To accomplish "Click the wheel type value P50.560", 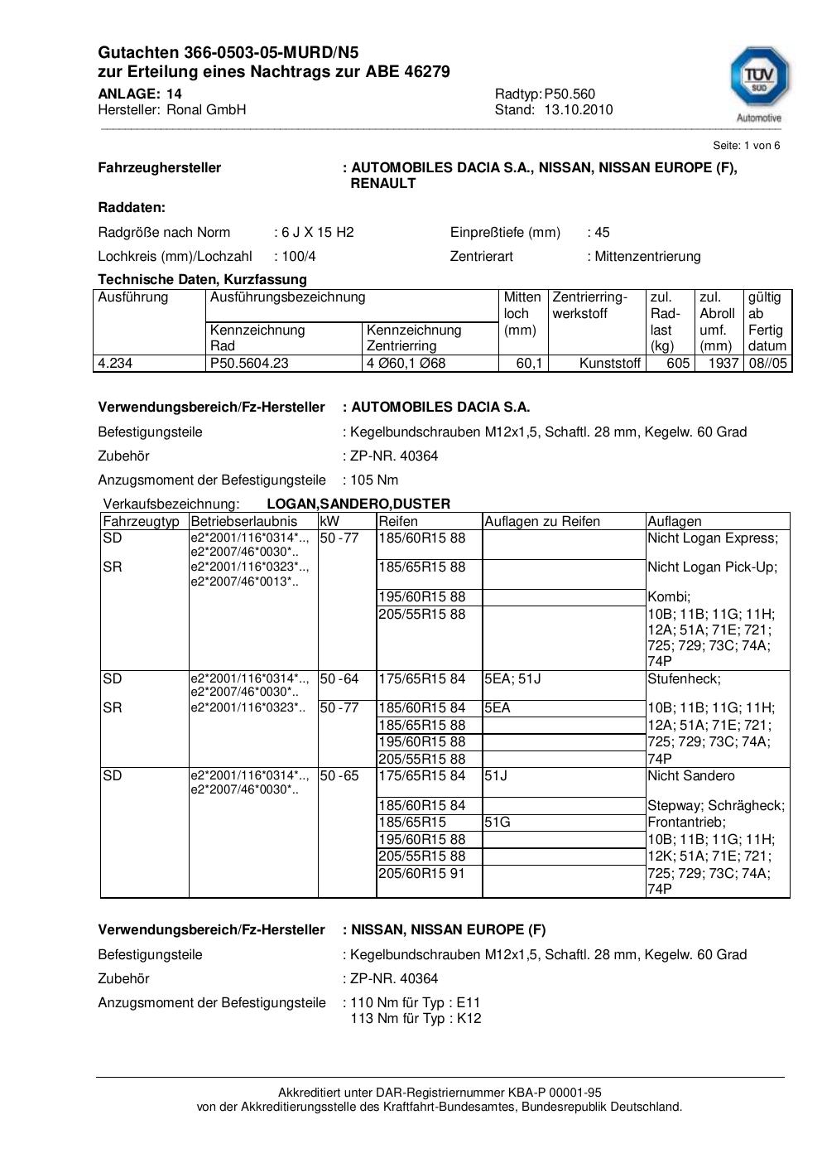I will [570, 94].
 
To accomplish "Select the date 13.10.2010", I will [578, 109].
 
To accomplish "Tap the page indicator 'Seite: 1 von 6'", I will [746, 145].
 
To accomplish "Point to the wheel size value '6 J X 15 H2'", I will [318, 232].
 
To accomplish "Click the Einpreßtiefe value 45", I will [602, 232].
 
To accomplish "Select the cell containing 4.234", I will [115, 363].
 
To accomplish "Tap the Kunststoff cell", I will [610, 363].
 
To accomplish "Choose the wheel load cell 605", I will [678, 363].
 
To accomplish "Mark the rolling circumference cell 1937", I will [723, 363].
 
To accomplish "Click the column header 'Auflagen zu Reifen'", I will [542, 521].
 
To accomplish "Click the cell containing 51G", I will [498, 823].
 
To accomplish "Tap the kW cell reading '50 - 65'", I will [339, 776].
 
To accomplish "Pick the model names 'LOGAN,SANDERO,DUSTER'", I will [358, 504].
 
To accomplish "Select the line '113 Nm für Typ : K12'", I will [416, 1018].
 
